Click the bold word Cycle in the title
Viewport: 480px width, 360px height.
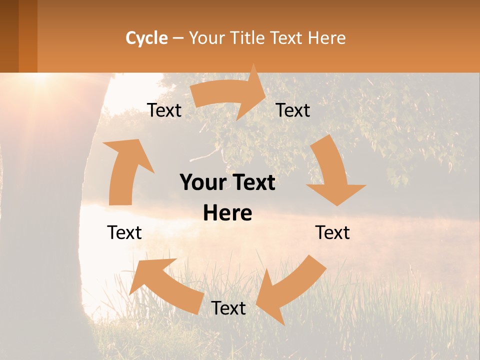pos(146,38)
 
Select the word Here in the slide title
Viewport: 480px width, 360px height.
pos(327,38)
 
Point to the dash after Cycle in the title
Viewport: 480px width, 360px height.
pos(178,38)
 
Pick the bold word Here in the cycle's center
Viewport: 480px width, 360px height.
pos(227,213)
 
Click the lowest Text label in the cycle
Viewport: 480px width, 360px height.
pos(228,308)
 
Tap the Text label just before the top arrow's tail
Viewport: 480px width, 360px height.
pos(164,110)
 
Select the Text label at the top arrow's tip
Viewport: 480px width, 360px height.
pos(293,110)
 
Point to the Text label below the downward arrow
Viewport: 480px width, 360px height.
pos(332,232)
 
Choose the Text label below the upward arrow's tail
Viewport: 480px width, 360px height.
pos(124,232)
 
